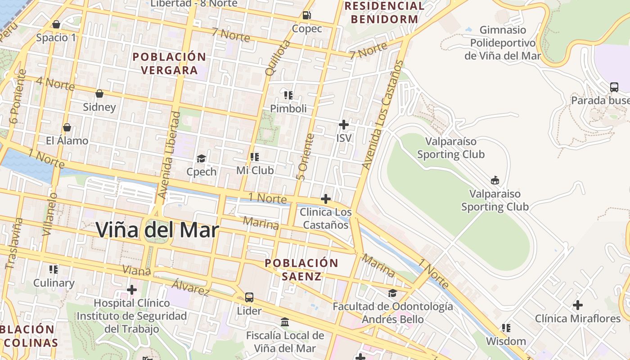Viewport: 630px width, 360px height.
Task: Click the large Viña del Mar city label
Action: click(x=157, y=230)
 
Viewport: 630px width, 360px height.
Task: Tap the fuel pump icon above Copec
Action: click(x=307, y=15)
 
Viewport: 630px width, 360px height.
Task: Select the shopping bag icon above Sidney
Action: click(x=99, y=94)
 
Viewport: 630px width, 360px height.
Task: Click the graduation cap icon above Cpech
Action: click(x=201, y=158)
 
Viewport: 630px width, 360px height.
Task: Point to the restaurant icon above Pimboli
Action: click(x=288, y=95)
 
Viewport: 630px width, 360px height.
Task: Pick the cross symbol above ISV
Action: click(x=344, y=125)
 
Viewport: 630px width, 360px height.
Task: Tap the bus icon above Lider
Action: click(x=249, y=297)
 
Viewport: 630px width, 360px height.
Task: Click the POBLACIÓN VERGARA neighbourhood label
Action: click(x=169, y=63)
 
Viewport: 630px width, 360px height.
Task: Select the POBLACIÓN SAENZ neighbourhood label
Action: click(x=301, y=269)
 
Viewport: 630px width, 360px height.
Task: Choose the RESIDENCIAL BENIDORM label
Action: click(x=384, y=13)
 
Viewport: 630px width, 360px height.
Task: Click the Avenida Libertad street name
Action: click(x=169, y=155)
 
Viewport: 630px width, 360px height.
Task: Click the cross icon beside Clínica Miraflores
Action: click(x=577, y=305)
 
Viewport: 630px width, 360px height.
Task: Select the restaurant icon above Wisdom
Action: click(x=506, y=328)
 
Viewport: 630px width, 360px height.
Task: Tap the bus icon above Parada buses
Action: click(x=614, y=87)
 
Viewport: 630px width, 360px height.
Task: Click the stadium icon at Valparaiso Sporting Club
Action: click(x=495, y=180)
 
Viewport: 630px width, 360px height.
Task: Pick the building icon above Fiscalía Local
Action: click(x=285, y=322)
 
